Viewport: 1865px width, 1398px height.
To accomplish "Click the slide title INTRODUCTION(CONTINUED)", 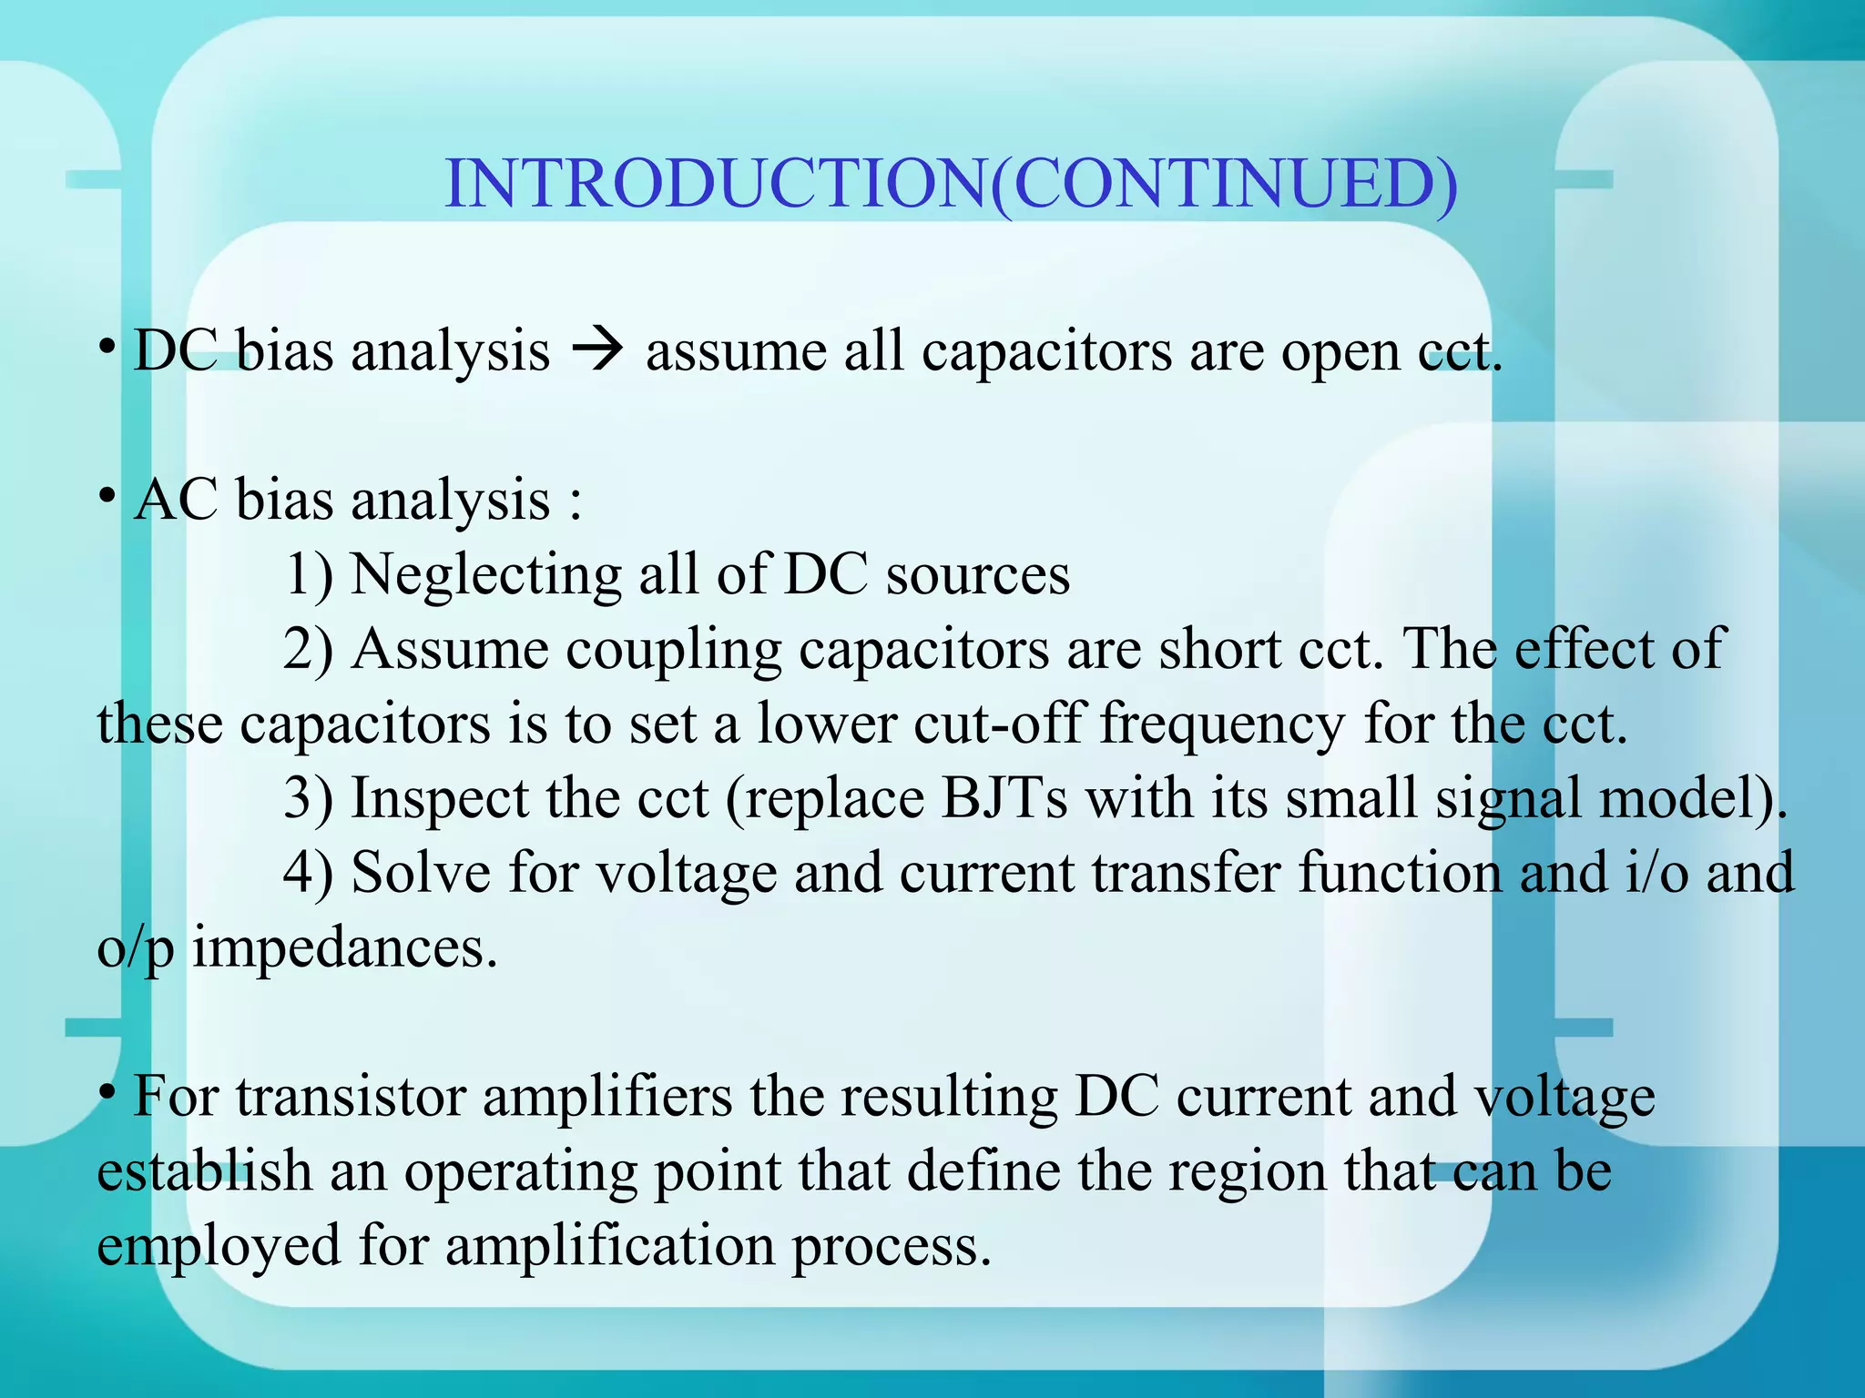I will (951, 184).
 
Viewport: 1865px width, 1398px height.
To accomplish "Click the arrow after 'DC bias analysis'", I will (598, 350).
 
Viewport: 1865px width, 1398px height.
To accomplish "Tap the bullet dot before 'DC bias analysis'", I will (107, 347).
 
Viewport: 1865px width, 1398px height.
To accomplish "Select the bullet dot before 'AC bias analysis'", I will (107, 496).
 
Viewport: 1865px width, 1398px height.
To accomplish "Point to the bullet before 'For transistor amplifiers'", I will (107, 1091).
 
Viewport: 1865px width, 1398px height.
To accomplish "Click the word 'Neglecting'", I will (485, 575).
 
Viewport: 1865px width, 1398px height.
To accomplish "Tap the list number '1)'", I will (309, 575).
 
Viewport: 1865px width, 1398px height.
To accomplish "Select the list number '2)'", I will (309, 650).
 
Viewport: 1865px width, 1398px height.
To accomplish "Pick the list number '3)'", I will (309, 799).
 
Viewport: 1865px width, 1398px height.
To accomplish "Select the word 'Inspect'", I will (440, 799).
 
